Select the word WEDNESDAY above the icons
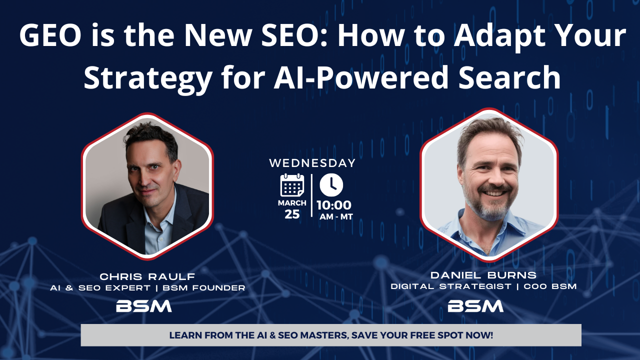pos(312,163)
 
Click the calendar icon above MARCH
pos(292,185)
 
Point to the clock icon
pos(331,185)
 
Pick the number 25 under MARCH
pos(292,214)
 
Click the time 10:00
pos(333,205)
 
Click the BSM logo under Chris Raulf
pos(144,305)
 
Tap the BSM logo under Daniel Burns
pos(475,305)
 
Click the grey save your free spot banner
pos(331,335)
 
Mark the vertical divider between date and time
pos(311,195)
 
